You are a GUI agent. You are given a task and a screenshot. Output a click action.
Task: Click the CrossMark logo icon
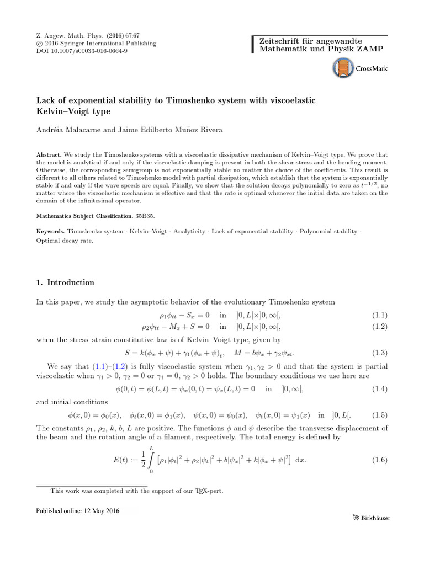coord(343,69)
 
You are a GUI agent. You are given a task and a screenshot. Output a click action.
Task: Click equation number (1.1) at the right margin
coord(379,315)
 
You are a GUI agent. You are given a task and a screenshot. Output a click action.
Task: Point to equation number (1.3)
coord(379,353)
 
